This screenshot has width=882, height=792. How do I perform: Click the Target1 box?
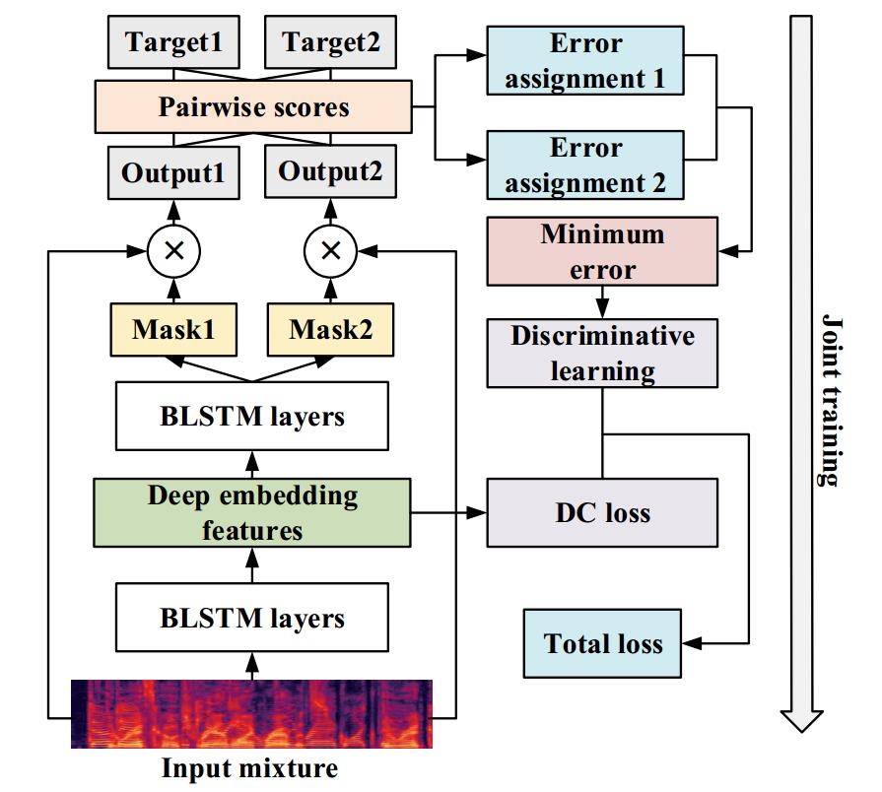coord(173,42)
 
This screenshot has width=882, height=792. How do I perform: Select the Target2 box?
coord(330,42)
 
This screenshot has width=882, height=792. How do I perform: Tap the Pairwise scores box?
coord(253,106)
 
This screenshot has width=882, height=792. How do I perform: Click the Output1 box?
coord(173,172)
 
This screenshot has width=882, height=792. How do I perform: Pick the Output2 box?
coord(330,172)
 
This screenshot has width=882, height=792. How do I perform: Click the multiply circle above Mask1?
coord(173,250)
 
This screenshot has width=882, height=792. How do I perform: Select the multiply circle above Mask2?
coord(330,250)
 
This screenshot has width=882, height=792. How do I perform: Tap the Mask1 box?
coord(173,329)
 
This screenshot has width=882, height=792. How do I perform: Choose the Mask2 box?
coord(330,329)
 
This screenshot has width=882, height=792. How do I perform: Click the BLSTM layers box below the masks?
coord(252,416)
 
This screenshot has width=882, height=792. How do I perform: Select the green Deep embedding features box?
coord(252,512)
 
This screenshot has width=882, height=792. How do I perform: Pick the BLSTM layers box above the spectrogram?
coord(252,619)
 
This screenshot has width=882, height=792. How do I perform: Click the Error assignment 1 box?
coord(585,61)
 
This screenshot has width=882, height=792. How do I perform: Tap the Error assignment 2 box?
coord(585,165)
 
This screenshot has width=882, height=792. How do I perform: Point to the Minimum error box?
coord(602,252)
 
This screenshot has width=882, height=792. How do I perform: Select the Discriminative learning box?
coord(602,354)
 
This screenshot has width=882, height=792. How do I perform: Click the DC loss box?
coord(602,513)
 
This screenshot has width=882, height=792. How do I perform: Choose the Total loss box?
coord(602,644)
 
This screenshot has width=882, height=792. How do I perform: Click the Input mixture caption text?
coord(249,768)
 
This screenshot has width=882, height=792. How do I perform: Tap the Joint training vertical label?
coord(831,400)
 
